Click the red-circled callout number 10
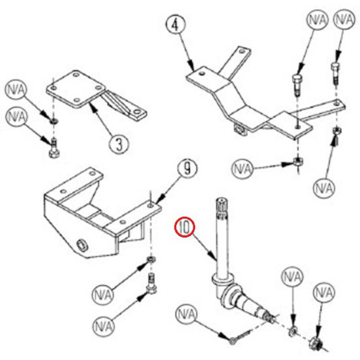click(x=185, y=227)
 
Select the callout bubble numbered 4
click(x=175, y=25)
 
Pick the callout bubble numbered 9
click(x=187, y=169)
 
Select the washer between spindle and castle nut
click(x=292, y=332)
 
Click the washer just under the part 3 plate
click(x=54, y=121)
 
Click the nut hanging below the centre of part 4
click(x=298, y=161)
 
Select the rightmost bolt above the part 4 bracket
click(x=336, y=73)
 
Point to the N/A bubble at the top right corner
click(x=344, y=20)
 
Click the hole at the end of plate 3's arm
click(x=137, y=112)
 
